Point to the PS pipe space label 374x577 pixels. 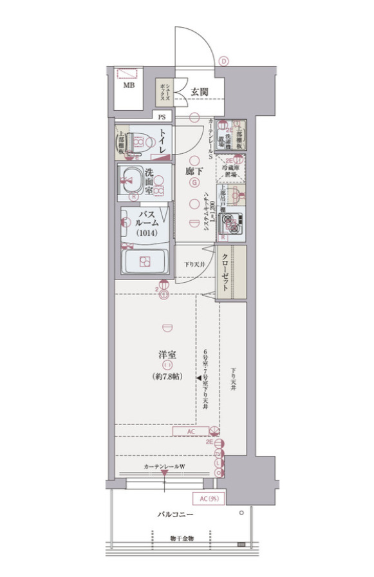(161, 117)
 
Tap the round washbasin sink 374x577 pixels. (131, 178)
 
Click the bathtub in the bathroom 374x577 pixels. (144, 261)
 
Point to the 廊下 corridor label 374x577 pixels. (194, 172)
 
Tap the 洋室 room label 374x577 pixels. (169, 355)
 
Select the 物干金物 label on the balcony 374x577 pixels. (182, 538)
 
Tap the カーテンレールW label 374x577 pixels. (164, 466)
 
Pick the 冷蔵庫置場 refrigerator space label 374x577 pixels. (230, 169)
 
